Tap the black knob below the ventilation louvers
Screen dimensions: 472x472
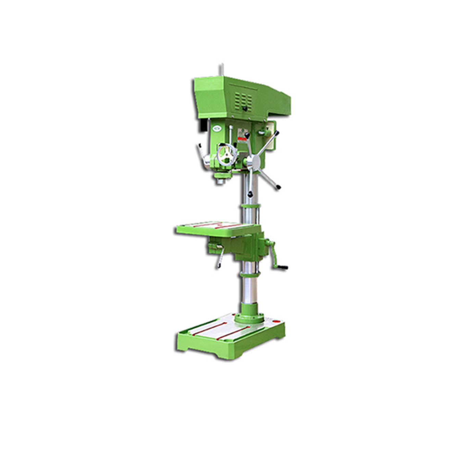click(x=245, y=109)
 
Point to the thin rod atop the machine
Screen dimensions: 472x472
click(x=222, y=70)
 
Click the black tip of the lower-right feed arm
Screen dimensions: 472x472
click(x=279, y=187)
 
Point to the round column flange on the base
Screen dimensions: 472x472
click(x=249, y=318)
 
